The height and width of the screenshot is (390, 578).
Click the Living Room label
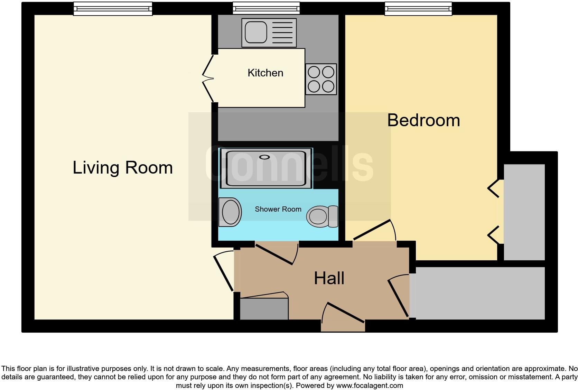tap(123, 168)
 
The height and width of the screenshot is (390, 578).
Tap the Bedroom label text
tap(423, 120)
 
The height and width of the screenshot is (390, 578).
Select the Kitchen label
tap(265, 73)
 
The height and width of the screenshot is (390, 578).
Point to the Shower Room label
tap(278, 209)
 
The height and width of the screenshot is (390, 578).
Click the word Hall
tap(329, 278)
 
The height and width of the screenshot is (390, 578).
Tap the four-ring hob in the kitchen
tap(321, 79)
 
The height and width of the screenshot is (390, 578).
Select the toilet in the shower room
tap(321, 216)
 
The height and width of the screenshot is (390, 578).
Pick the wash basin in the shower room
tap(230, 212)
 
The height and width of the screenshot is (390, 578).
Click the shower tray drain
tap(264, 157)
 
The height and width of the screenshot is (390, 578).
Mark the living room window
tap(113, 9)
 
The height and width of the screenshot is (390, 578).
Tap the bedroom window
tap(418, 9)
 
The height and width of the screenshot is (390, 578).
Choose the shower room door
tap(277, 254)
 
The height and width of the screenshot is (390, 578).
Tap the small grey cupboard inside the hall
tap(264, 309)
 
